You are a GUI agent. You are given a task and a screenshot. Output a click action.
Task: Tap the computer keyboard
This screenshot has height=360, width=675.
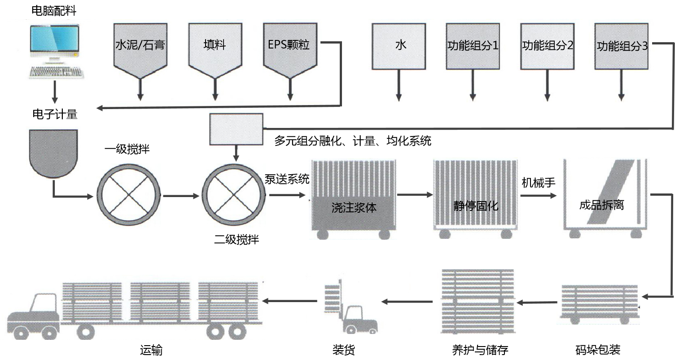click(56, 72)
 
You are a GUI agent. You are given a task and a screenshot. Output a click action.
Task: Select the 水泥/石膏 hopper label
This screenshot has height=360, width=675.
click(140, 45)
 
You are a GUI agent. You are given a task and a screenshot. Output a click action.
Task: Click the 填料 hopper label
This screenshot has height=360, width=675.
click(215, 45)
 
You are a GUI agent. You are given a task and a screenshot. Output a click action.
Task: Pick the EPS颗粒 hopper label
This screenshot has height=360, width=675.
click(289, 45)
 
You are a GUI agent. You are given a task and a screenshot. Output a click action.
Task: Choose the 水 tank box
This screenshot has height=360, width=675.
click(399, 46)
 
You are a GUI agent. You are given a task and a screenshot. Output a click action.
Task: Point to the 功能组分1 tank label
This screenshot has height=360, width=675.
click(473, 46)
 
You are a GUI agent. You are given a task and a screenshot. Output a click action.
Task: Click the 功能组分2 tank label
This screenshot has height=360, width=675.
click(548, 46)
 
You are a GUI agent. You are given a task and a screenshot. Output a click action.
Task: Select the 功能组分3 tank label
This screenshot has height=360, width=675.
click(622, 46)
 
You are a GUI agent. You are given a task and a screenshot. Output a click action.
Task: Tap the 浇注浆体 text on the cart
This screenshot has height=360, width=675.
click(354, 208)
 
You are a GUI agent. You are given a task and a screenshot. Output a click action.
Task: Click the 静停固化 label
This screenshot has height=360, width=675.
click(476, 206)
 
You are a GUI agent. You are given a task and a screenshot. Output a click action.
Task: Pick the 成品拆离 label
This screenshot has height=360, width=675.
click(602, 206)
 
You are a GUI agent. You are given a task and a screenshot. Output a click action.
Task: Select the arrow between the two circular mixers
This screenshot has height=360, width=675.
click(180, 196)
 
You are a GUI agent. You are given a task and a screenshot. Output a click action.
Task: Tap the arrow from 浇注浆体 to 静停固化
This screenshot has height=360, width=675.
click(415, 195)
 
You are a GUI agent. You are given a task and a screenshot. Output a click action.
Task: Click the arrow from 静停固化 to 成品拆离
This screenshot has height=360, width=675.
click(539, 196)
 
